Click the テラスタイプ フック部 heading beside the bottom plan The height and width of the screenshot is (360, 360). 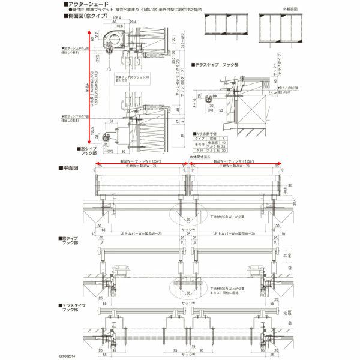coord(72,308)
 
